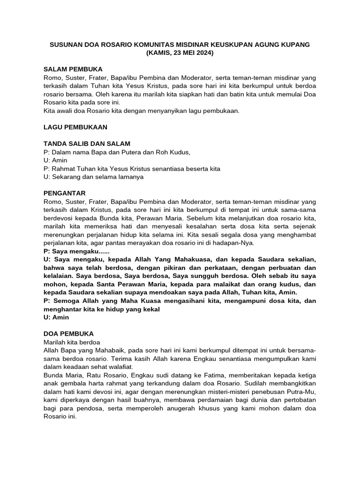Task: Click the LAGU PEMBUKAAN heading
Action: click(x=75, y=127)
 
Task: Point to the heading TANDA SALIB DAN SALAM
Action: click(x=87, y=143)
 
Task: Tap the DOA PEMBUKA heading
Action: click(x=68, y=334)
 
